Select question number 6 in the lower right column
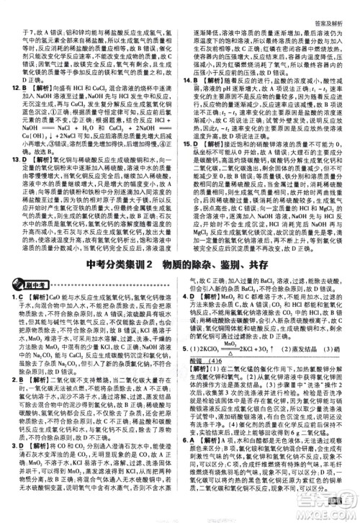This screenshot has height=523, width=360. tap(189, 461)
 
